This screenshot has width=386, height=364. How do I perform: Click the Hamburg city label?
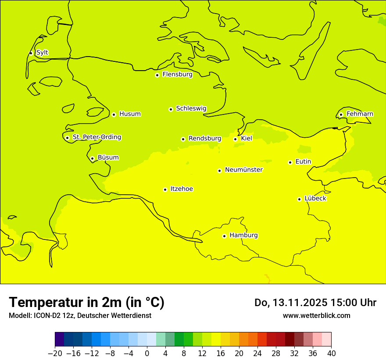coord(243,235)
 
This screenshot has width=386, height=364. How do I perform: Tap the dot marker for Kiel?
coord(236,139)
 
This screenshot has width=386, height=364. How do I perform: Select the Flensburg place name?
coord(177,75)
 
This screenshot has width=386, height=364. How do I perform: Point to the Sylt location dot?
coord(31,53)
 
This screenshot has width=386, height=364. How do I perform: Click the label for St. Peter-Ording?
coord(96,137)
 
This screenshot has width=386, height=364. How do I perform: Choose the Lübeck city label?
coord(315,198)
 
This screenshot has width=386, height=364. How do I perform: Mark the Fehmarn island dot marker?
coord(341,114)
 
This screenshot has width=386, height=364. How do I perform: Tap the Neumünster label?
coord(244,170)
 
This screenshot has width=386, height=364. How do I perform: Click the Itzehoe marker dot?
coord(165,189)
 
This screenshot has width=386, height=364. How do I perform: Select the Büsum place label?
coord(108,157)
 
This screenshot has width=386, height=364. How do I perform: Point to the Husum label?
coord(130,114)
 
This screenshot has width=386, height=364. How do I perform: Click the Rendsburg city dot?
coord(183,139)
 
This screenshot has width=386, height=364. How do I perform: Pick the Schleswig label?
coord(191,108)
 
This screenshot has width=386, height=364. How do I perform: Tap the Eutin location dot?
coord(290,162)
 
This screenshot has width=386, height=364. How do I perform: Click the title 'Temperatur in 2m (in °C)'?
coord(86,303)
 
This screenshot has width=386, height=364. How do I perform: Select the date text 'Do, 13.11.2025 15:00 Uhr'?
coord(315,303)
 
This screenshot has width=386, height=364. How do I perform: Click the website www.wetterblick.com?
coord(316,315)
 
